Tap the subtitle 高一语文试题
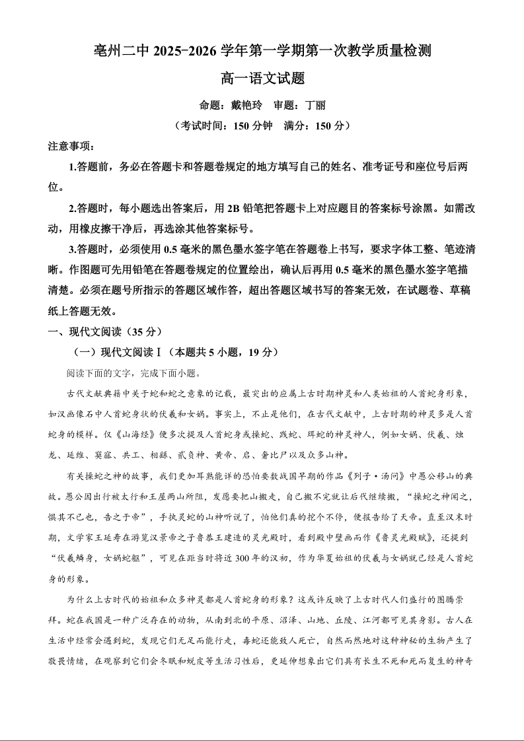262,79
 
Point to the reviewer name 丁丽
315,105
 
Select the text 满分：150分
313,125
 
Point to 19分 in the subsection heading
260,352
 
